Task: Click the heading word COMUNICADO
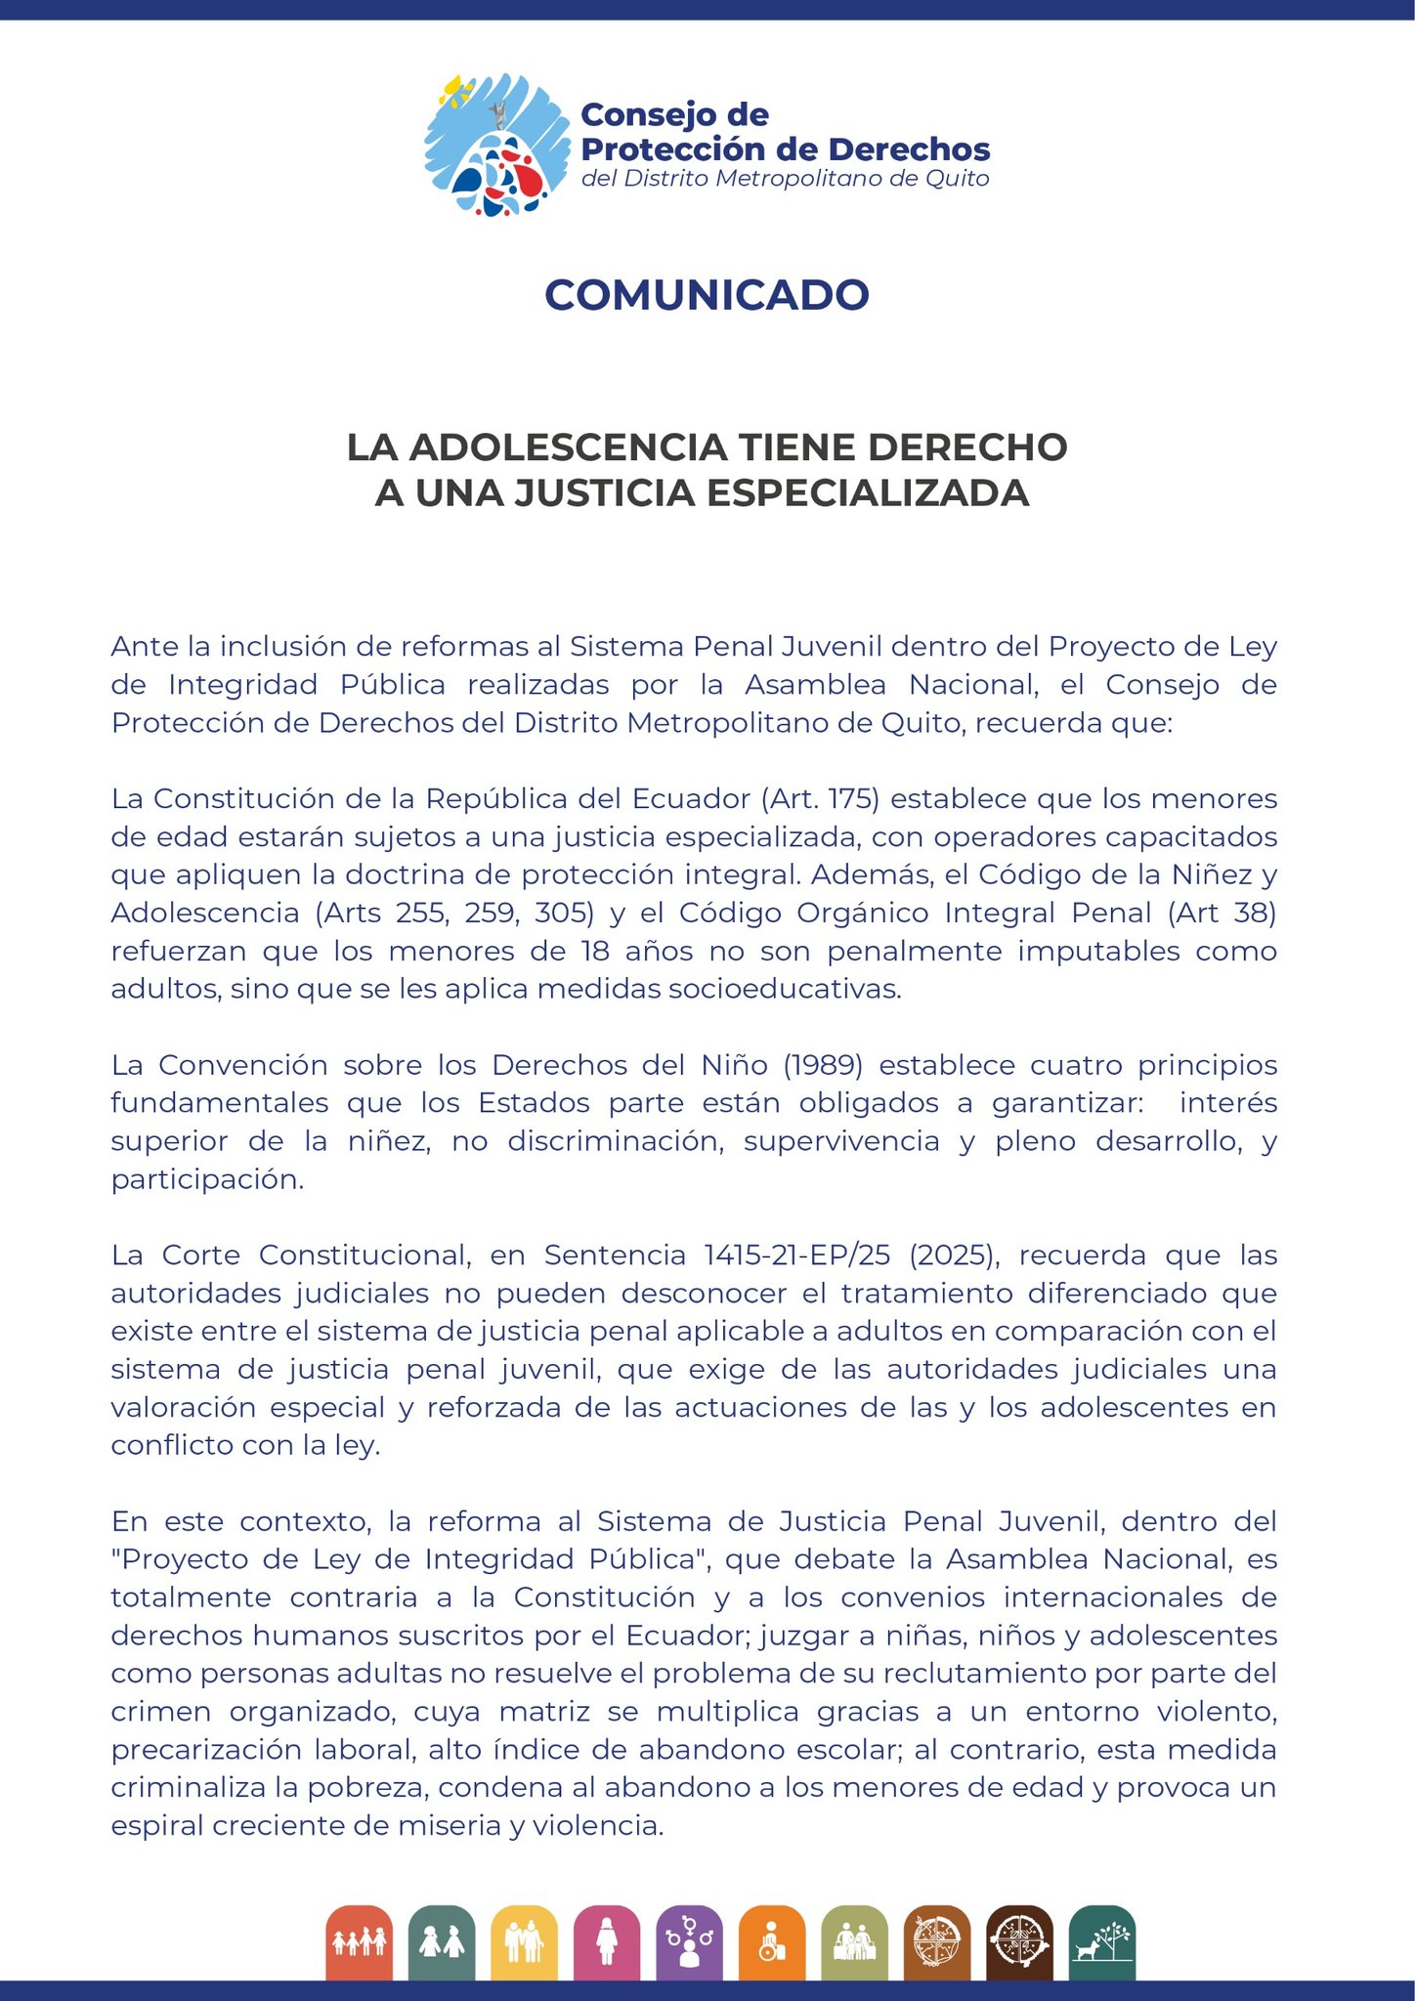pos(707,295)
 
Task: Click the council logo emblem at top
pos(496,145)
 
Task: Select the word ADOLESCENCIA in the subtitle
pos(568,447)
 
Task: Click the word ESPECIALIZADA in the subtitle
pos(867,493)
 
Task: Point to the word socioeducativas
pos(783,989)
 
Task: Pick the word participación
pos(206,1180)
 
